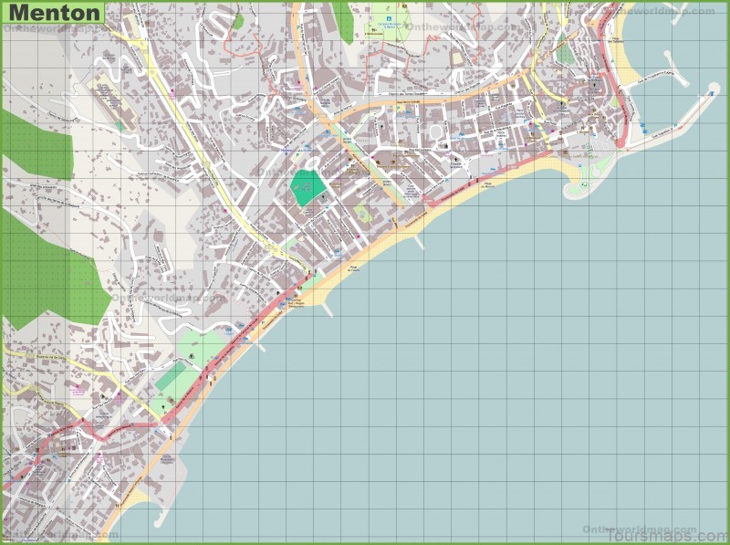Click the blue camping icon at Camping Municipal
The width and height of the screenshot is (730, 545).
[x=386, y=17]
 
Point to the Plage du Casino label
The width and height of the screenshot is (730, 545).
[x=352, y=267]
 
